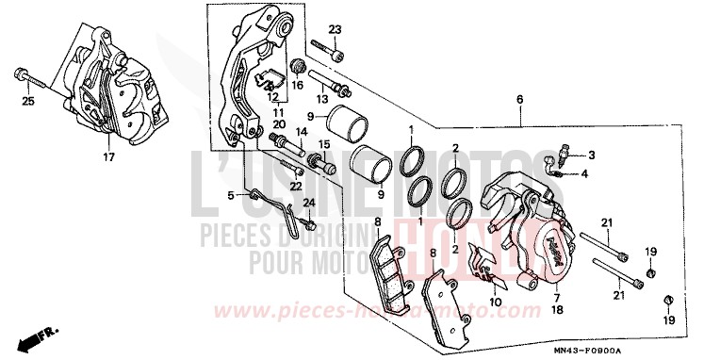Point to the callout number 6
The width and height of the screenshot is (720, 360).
519,100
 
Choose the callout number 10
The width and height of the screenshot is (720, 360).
496,304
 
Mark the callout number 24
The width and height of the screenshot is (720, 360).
308,203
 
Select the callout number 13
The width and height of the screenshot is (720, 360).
321,99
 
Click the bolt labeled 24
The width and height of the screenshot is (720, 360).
307,223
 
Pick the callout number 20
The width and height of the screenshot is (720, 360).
279,123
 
